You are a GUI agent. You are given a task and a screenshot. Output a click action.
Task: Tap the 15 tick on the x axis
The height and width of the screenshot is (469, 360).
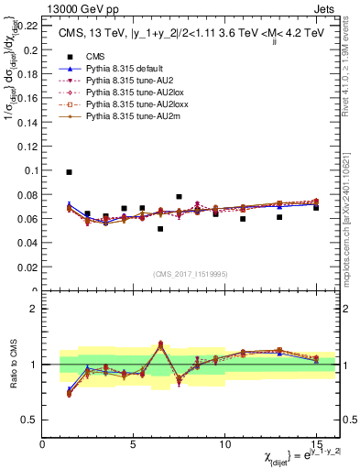pyautogui.click(x=316, y=445)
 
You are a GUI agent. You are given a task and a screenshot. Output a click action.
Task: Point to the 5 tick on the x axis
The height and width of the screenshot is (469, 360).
pyautogui.click(x=134, y=445)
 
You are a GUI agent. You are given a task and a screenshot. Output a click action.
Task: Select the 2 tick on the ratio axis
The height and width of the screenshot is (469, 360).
pyautogui.click(x=35, y=309)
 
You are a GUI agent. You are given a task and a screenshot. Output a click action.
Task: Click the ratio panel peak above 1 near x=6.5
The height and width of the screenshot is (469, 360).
pyautogui.click(x=160, y=344)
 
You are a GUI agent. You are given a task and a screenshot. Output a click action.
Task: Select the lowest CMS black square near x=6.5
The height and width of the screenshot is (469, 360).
pyautogui.click(x=160, y=229)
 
